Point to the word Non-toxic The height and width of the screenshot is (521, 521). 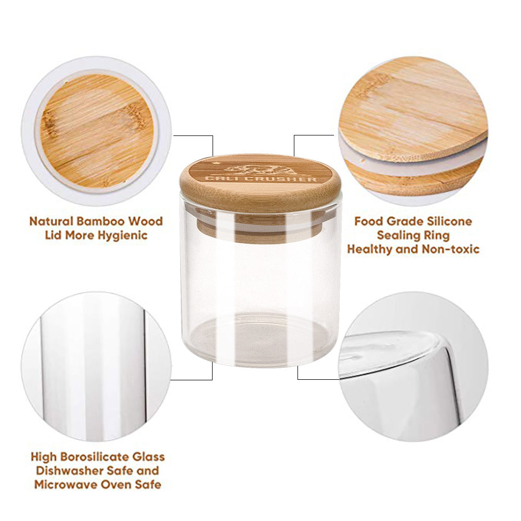[x=450, y=249]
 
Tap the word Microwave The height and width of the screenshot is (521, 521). [x=63, y=485]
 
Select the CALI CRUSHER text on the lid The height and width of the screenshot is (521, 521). [x=260, y=179]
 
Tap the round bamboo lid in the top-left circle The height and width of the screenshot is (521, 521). [x=97, y=131]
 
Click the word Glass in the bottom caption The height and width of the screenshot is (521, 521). [x=148, y=457]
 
